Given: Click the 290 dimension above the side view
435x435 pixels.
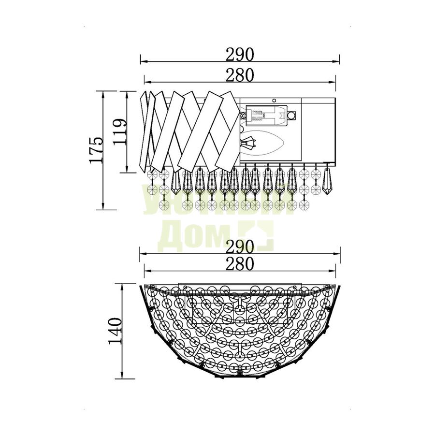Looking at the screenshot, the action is coord(240,55).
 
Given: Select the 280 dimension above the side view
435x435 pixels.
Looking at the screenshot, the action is coord(240,75).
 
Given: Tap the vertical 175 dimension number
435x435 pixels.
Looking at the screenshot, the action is coord(97,150).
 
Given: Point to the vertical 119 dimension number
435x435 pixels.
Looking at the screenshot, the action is coord(120,132).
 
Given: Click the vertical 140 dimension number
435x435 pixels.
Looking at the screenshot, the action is coord(115,331).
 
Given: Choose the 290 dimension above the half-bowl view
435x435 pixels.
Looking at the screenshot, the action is coord(240,246).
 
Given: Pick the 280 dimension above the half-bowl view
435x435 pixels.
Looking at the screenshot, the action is coord(240,264).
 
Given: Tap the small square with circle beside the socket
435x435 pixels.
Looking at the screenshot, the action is coord(291,115).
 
